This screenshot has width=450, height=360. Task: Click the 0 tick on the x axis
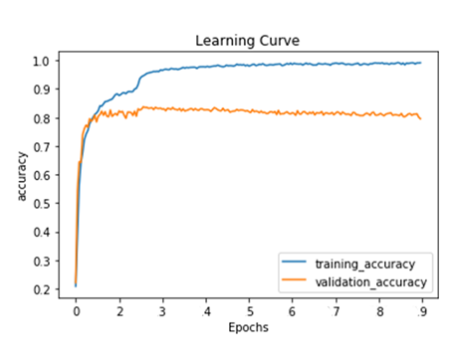pyautogui.click(x=76, y=311)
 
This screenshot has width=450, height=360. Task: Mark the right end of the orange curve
pyautogui.click(x=420, y=119)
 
